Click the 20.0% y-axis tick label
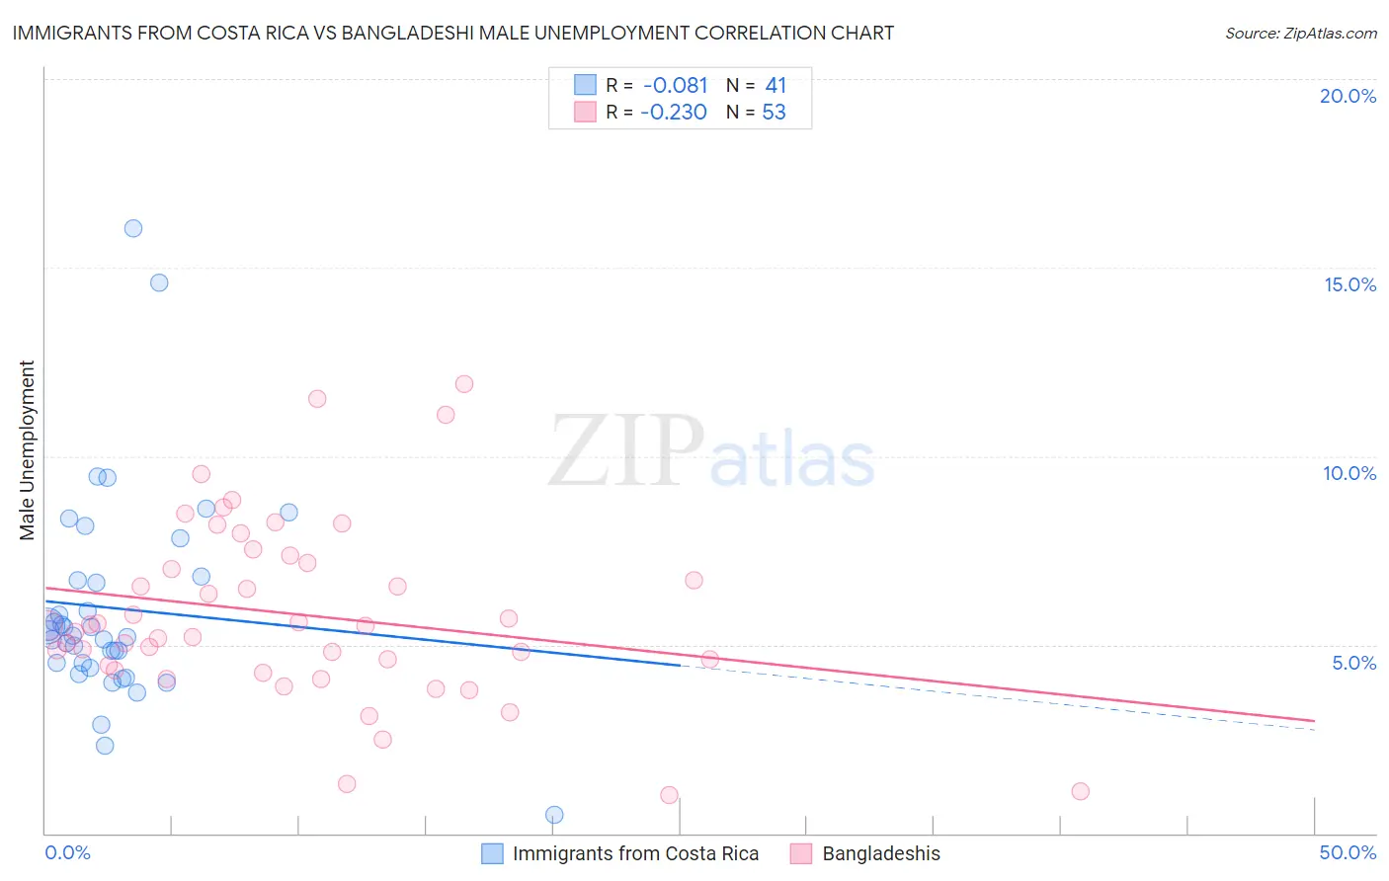pos(1348,96)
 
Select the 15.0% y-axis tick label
pos(1349,284)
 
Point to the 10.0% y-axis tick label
pos(1349,473)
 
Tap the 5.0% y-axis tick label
pos(1353,663)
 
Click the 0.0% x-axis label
pos(67,852)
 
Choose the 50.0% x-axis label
pos(1348,852)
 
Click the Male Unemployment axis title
pos(28,450)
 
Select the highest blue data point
pos(133,228)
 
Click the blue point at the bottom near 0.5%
pos(554,815)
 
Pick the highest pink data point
pos(464,384)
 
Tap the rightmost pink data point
pos(1080,791)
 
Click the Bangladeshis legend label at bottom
pos(881,853)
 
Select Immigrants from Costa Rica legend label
pos(635,853)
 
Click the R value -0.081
pos(675,86)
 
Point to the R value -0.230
pos(674,113)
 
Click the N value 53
pos(774,113)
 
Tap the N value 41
pos(776,86)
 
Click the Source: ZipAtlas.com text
pos(1300,34)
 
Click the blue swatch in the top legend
pos(585,85)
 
